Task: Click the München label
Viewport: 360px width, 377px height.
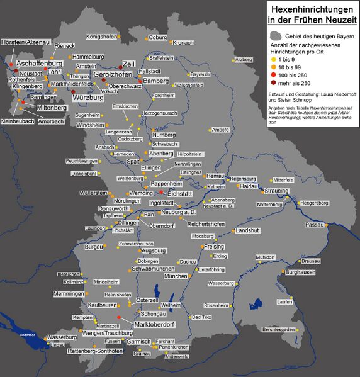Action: [175, 276]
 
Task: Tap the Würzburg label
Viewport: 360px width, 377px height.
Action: [87, 98]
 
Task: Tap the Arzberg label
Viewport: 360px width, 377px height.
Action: [243, 59]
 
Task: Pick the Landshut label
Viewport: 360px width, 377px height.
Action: [247, 231]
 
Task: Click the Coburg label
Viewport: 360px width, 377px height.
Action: [157, 37]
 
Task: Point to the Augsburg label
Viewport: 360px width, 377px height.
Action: [154, 250]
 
